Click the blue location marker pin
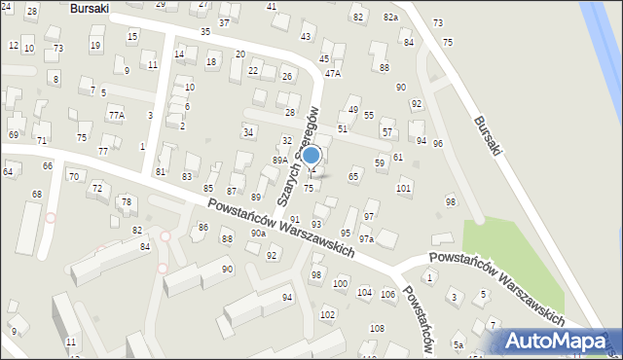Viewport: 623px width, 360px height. tap(311, 156)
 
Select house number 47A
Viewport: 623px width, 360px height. tap(333, 73)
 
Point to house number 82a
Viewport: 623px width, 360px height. tap(390, 18)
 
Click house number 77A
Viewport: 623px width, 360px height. tap(117, 115)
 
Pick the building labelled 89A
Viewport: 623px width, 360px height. tap(279, 160)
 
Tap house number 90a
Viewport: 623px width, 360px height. tap(258, 234)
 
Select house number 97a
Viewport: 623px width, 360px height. tap(366, 238)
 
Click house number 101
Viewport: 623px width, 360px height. tap(403, 188)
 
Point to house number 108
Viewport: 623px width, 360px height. tap(377, 329)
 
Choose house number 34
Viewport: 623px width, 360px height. tap(249, 131)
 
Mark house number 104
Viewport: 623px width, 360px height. tap(364, 292)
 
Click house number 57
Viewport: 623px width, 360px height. tap(386, 131)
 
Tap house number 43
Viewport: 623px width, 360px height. tap(306, 37)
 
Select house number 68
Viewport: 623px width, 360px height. tap(37, 195)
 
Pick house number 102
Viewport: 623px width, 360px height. tap(327, 314)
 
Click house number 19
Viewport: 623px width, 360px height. tap(94, 45)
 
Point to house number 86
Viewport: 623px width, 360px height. tap(202, 227)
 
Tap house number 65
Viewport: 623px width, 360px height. tap(353, 176)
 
